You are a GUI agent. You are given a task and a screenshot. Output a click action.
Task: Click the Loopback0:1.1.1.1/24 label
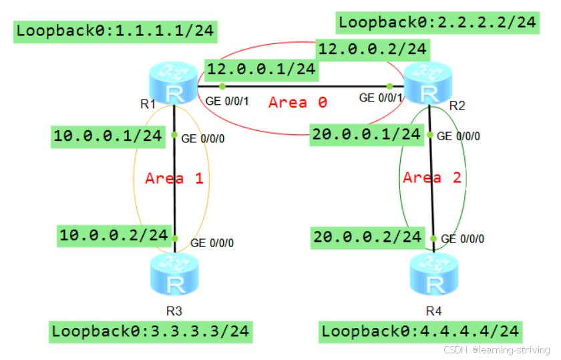[116, 31]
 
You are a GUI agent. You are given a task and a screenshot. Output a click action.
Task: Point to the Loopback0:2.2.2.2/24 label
[437, 21]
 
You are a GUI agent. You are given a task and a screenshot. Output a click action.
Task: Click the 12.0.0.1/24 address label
[260, 68]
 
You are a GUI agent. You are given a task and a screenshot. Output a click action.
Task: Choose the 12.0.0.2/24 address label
[373, 48]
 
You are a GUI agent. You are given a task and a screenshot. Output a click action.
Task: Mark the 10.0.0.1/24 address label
[108, 136]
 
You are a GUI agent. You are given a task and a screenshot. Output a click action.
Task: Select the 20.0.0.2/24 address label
[367, 236]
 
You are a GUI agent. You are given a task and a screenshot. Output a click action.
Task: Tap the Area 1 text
[174, 178]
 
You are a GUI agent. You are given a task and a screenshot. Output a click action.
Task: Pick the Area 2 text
[433, 178]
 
